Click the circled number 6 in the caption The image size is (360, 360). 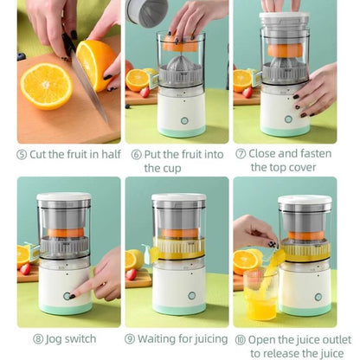tap(137, 154)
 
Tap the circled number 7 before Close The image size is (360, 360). tap(241, 154)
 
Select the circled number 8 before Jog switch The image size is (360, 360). tap(39, 338)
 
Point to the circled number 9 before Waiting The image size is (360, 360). tap(130, 338)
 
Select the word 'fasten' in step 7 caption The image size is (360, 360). tap(316, 154)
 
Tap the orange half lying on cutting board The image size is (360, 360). tap(45, 85)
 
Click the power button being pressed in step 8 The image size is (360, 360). tap(67, 296)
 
